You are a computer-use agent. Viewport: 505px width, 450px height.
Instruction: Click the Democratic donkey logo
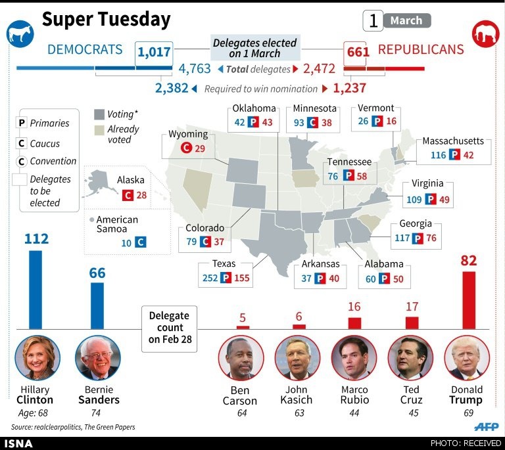coord(20,34)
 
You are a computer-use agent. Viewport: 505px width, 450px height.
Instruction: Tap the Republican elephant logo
coord(486,34)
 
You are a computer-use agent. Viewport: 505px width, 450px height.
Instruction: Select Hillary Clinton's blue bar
coord(36,290)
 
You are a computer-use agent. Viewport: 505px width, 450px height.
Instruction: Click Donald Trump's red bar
coord(469,300)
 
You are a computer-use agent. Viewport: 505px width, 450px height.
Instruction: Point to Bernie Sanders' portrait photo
coord(98,357)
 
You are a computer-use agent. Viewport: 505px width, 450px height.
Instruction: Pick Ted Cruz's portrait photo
coord(410,357)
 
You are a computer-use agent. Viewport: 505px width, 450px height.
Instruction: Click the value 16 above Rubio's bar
coord(354,307)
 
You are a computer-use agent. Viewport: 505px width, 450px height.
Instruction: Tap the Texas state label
coord(224,264)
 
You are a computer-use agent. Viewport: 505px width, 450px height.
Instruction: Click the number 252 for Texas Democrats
coord(210,278)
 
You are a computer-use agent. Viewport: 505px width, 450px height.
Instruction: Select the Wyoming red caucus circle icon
coord(186,148)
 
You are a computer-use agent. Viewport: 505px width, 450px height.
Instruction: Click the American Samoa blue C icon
coord(141,242)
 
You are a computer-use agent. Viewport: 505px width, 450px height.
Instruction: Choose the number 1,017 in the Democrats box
coord(154,52)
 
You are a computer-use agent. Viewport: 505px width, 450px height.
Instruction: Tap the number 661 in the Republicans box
coord(358,52)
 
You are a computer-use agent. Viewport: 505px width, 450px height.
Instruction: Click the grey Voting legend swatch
coord(99,114)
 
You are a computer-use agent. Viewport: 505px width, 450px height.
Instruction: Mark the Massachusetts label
coord(453,141)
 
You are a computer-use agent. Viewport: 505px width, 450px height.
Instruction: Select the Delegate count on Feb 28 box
coord(170,328)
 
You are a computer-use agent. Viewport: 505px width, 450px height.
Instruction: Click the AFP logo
coord(487,427)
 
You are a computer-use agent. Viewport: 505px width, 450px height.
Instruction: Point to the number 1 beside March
coord(373,21)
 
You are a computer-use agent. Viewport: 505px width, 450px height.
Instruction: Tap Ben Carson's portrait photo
coord(241,357)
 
